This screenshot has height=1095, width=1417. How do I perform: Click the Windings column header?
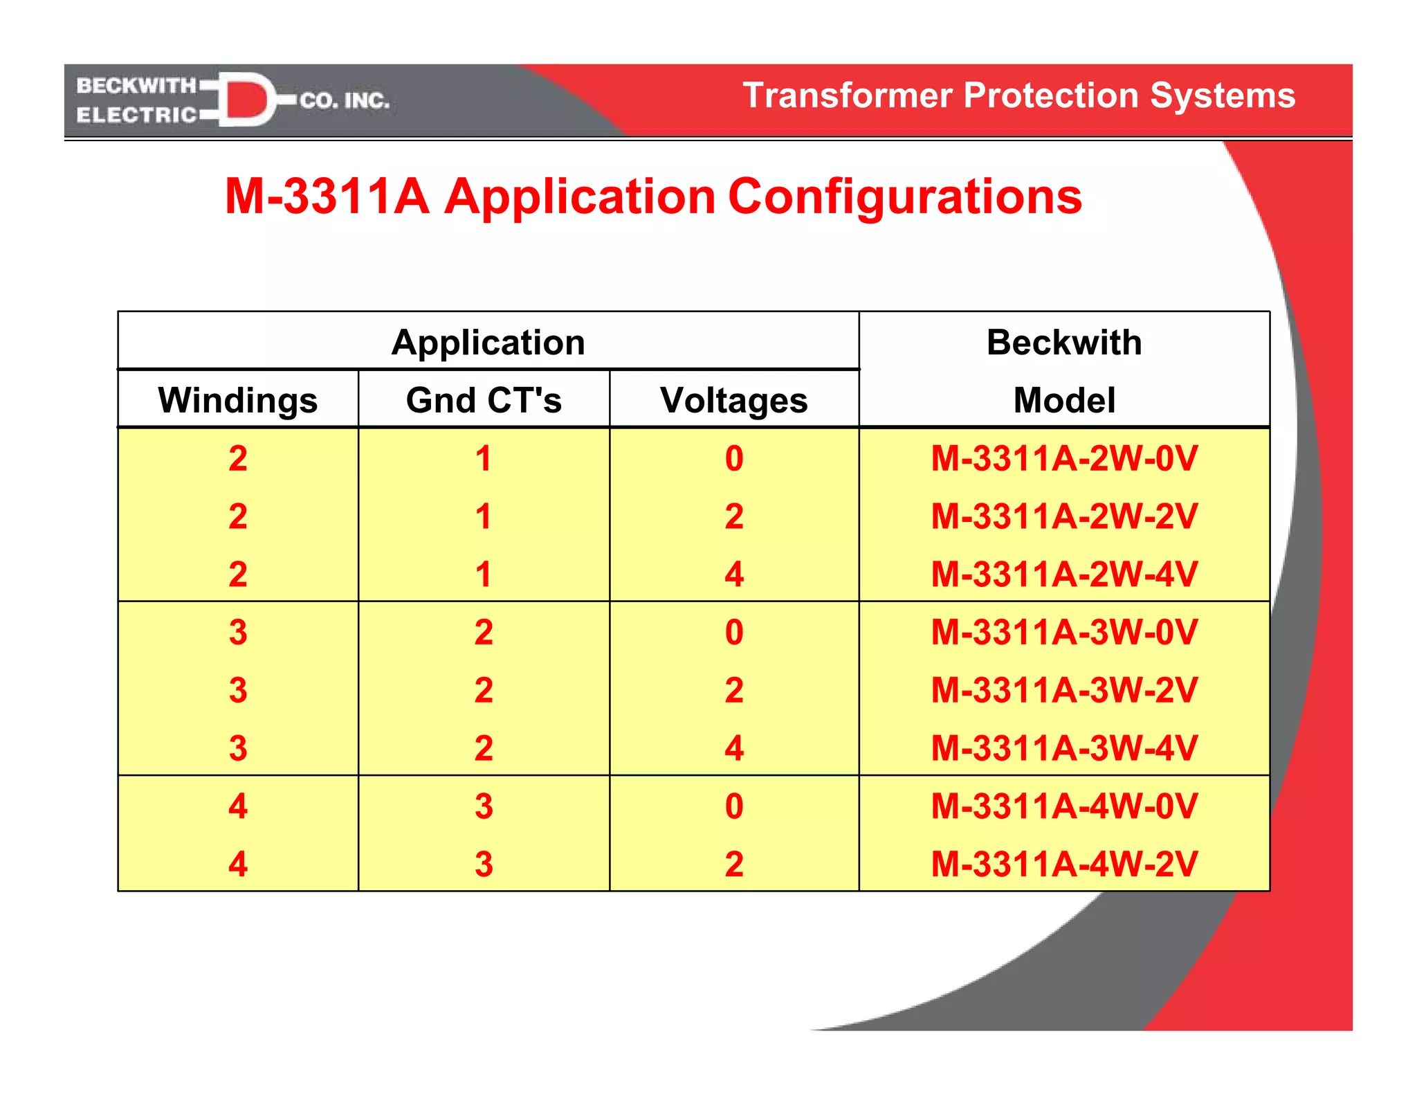tap(237, 400)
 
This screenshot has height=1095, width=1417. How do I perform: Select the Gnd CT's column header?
tap(483, 400)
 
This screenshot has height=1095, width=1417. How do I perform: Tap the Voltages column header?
tap(733, 400)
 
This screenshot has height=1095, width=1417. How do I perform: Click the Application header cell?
tap(488, 342)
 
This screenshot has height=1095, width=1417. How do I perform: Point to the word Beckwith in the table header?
tap(1063, 342)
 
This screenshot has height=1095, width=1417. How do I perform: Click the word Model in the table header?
tap(1063, 400)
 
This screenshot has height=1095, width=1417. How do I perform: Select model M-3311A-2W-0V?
tap(1063, 458)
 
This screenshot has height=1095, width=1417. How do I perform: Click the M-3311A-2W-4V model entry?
tap(1063, 574)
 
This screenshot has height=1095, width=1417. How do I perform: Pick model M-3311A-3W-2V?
tap(1063, 690)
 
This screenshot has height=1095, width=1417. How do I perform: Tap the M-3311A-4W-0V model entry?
tap(1063, 806)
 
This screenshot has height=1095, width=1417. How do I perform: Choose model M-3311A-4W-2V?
tap(1063, 864)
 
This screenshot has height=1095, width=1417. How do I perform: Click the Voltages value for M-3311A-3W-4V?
tap(733, 748)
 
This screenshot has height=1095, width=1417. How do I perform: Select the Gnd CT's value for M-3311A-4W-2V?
tap(483, 864)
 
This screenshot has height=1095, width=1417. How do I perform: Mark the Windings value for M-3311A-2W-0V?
tap(237, 458)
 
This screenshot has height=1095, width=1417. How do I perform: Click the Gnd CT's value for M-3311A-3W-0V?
tap(483, 632)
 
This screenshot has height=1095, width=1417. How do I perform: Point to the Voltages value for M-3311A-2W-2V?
tap(733, 516)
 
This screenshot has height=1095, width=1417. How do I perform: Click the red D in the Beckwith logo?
tap(246, 100)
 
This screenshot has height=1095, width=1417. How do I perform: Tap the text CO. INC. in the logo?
tap(344, 101)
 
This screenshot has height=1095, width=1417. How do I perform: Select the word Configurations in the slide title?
tap(904, 197)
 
